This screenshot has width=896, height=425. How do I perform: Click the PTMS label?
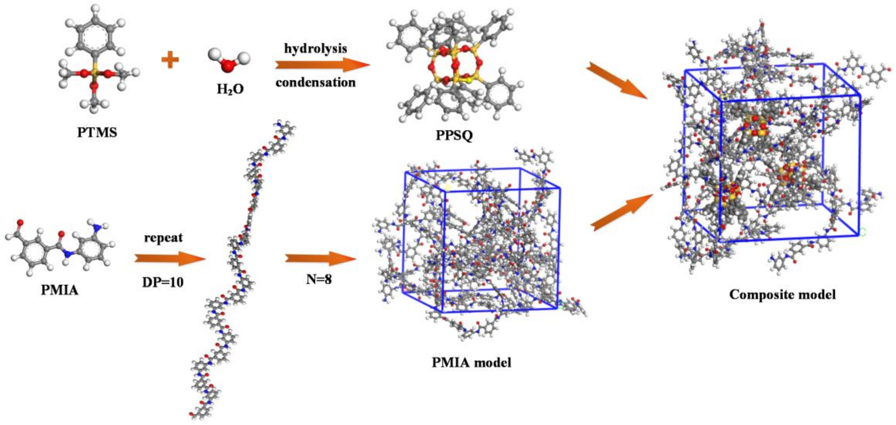coord(97,133)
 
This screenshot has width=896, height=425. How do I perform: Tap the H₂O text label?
coord(230,89)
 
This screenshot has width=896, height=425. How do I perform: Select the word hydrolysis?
coord(315,48)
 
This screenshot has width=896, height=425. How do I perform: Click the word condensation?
coord(315,82)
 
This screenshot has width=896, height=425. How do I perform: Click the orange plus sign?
coord(170,60)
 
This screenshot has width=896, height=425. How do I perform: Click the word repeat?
coord(163,238)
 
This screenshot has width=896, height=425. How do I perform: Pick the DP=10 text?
coord(163,282)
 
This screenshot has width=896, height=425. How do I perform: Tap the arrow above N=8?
coord(320,259)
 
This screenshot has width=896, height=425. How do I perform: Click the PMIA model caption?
coord(471,362)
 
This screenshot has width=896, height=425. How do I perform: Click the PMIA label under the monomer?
coord(60,290)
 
